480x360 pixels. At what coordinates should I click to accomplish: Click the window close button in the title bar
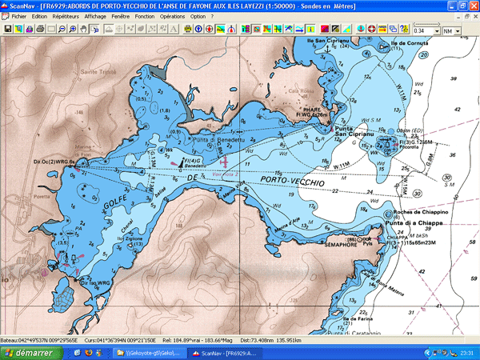click(473, 5)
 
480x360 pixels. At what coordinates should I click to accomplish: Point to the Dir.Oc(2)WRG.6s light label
click(54, 162)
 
